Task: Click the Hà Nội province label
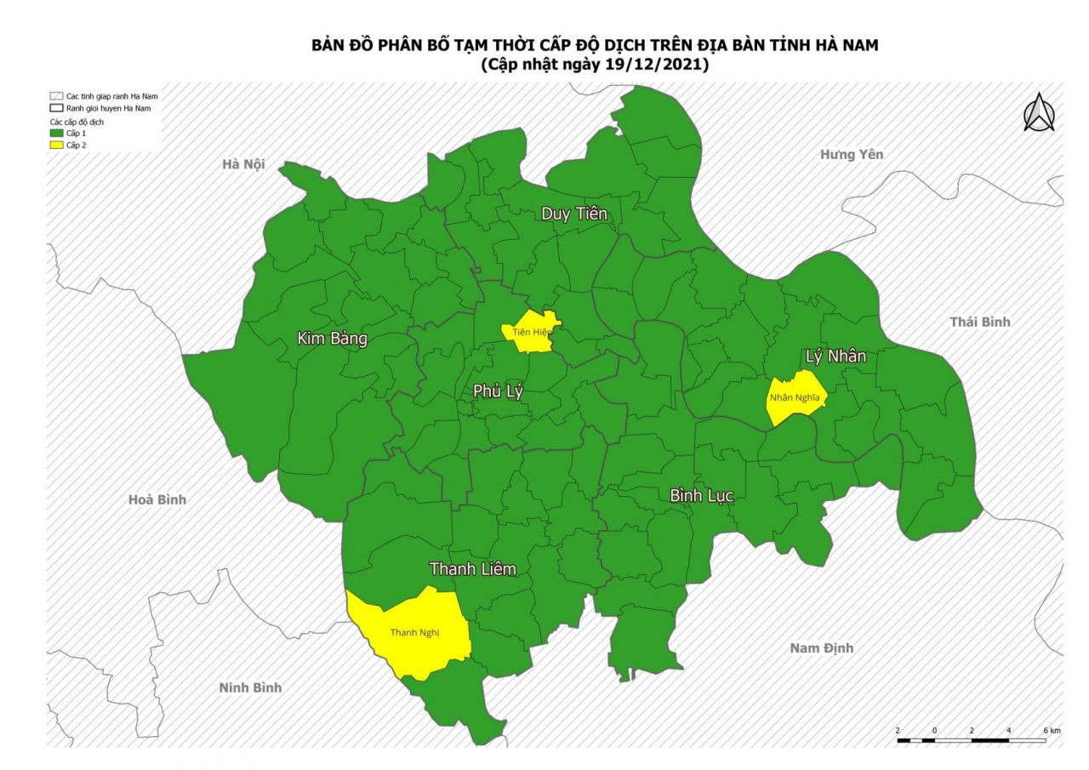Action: (243, 164)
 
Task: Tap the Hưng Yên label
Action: (852, 154)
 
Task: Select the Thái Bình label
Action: (979, 322)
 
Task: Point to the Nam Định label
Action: (821, 648)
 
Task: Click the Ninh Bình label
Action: (250, 687)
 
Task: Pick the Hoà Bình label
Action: (157, 499)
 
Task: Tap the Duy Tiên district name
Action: (574, 214)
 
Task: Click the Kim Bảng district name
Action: (332, 339)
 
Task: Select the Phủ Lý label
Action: (498, 391)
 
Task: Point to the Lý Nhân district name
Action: (835, 356)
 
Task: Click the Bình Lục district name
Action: (701, 495)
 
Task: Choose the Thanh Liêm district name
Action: (472, 568)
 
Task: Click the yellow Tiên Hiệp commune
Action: (529, 332)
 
